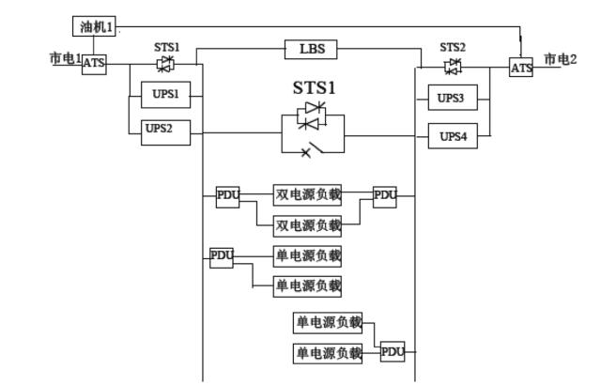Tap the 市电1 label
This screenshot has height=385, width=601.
64,58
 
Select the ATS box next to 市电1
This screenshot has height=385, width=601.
94,64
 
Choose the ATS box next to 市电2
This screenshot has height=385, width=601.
521,68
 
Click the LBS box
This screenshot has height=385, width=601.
311,49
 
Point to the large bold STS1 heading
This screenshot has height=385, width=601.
314,88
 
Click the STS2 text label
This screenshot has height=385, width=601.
453,47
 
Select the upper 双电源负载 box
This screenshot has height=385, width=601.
307,195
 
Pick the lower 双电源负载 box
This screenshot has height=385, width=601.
307,225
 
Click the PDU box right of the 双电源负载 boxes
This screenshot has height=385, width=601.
385,196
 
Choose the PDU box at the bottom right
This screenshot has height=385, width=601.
393,352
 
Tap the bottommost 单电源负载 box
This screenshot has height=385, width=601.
328,353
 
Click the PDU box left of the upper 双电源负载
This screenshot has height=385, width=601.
228,196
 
